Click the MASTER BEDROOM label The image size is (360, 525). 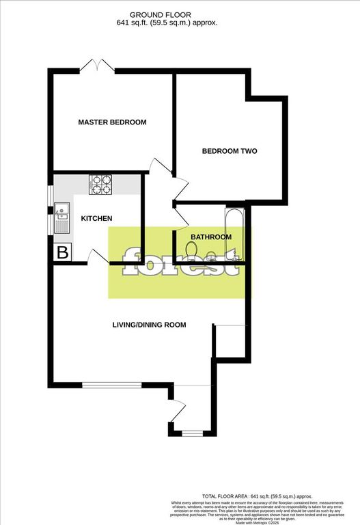[112, 122]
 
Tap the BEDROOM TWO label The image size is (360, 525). [229, 151]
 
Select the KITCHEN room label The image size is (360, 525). [96, 219]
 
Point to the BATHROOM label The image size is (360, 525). [210, 237]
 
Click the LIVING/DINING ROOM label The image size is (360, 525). [149, 325]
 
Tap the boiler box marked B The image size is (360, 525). [62, 252]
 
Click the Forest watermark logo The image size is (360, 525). [180, 262]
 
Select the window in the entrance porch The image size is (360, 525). [193, 432]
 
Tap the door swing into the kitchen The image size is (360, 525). [98, 256]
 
